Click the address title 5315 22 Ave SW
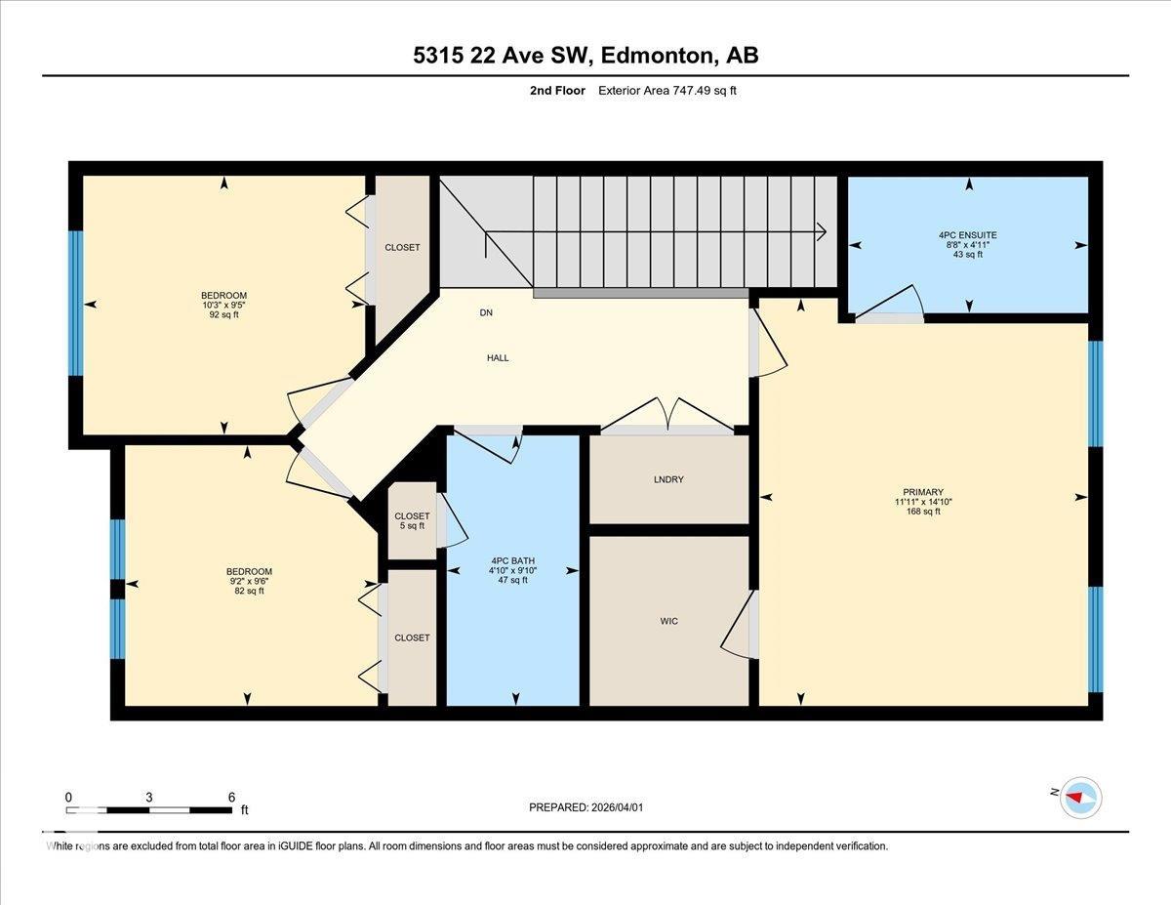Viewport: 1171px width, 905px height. tap(585, 56)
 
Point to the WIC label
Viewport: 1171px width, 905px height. tap(668, 621)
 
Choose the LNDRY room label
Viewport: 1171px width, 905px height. tap(668, 479)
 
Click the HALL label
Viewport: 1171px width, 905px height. tap(498, 357)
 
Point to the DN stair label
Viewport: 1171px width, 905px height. tap(486, 313)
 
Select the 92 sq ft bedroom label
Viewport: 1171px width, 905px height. tap(223, 305)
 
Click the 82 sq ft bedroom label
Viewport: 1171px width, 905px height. tap(249, 581)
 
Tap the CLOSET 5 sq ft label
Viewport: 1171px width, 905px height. tap(412, 520)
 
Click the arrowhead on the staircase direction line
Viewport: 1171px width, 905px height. tap(822, 231)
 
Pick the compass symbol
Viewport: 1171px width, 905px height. tap(1080, 796)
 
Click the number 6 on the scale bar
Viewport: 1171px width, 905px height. tap(231, 797)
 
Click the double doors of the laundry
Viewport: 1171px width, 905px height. tap(666, 417)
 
